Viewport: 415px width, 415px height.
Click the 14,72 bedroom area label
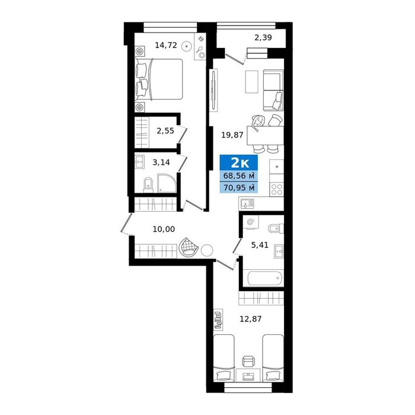[x=165, y=45]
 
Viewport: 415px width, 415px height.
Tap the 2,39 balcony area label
[x=263, y=37]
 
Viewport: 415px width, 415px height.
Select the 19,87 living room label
[x=232, y=135]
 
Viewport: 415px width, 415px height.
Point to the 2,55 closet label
[x=165, y=130]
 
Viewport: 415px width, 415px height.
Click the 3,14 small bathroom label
[x=161, y=162]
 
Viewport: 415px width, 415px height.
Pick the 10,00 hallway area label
[x=164, y=229]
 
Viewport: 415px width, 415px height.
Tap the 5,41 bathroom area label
[x=260, y=245]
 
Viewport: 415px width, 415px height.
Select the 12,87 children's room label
[x=250, y=319]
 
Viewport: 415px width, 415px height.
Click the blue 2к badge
[x=239, y=162]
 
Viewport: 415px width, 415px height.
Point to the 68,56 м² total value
[x=239, y=175]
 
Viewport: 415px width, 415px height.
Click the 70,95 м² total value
[x=239, y=188]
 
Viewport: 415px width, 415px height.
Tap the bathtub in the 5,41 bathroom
[x=266, y=278]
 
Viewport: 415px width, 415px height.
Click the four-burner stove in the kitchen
[x=277, y=189]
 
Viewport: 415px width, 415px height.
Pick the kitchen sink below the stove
[x=247, y=203]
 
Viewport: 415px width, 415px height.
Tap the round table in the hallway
[x=207, y=250]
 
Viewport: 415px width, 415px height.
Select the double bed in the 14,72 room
[x=159, y=79]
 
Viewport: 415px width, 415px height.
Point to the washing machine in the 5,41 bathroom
[x=250, y=222]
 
